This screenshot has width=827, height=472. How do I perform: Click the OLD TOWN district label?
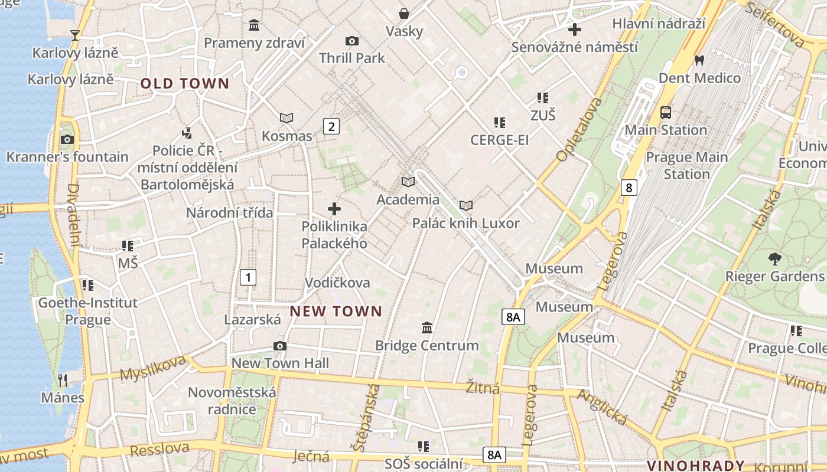(x=184, y=84)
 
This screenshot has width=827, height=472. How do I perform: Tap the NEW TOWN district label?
(x=336, y=311)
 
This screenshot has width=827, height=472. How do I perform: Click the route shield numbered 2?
(x=331, y=126)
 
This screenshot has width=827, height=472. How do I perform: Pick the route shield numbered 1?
(x=248, y=277)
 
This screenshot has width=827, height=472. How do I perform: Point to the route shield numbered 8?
(x=629, y=188)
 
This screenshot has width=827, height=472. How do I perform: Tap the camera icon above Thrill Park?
(x=352, y=41)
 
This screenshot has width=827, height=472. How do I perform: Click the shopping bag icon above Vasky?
(x=404, y=13)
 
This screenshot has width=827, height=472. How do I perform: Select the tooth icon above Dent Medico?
(x=699, y=60)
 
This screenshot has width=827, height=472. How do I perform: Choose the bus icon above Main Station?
(x=666, y=112)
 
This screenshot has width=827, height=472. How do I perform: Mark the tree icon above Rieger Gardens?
(x=774, y=258)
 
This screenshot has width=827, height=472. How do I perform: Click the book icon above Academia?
(x=408, y=182)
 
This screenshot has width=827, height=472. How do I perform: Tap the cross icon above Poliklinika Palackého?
(x=334, y=209)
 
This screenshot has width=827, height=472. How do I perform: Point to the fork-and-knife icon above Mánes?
(x=63, y=380)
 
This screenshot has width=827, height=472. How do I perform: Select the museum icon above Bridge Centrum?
(x=427, y=327)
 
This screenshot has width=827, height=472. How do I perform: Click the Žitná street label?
(x=483, y=388)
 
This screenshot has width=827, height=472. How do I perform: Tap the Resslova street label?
(x=159, y=450)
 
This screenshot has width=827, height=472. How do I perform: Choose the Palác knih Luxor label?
(x=465, y=223)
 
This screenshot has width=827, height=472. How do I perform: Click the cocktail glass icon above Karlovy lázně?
(x=75, y=35)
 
